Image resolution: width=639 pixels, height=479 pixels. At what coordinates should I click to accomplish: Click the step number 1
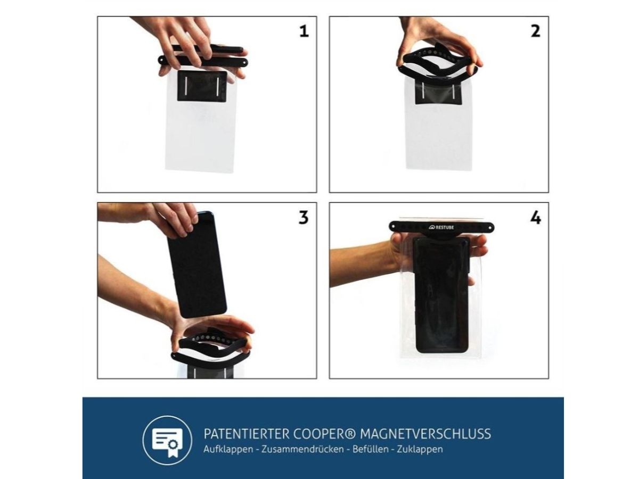pos(304,31)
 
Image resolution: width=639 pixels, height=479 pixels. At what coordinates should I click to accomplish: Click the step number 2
pos(535,31)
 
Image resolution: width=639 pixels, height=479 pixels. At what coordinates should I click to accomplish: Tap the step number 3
pos(304,218)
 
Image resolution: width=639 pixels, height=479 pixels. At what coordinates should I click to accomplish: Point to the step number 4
pos(536,218)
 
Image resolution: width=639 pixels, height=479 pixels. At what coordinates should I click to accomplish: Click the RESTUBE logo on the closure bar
pos(441,227)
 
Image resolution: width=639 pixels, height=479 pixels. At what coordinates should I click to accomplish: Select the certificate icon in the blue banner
pos(167,440)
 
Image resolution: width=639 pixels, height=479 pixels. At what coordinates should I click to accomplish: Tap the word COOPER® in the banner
pos(324,434)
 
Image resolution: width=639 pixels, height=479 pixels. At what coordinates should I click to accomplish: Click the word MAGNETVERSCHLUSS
pos(425,434)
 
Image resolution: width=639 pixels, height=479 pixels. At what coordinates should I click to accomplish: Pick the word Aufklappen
pos(228,449)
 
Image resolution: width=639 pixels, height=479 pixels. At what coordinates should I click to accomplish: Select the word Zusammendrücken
pos(302,449)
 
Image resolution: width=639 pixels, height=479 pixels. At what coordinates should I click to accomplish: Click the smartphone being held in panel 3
pos(197,265)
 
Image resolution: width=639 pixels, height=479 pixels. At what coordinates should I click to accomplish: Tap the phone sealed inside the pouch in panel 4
pos(441,294)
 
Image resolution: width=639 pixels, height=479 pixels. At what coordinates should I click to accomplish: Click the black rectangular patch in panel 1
pos(202,86)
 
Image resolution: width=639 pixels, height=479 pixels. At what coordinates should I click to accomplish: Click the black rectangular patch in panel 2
pos(438,93)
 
